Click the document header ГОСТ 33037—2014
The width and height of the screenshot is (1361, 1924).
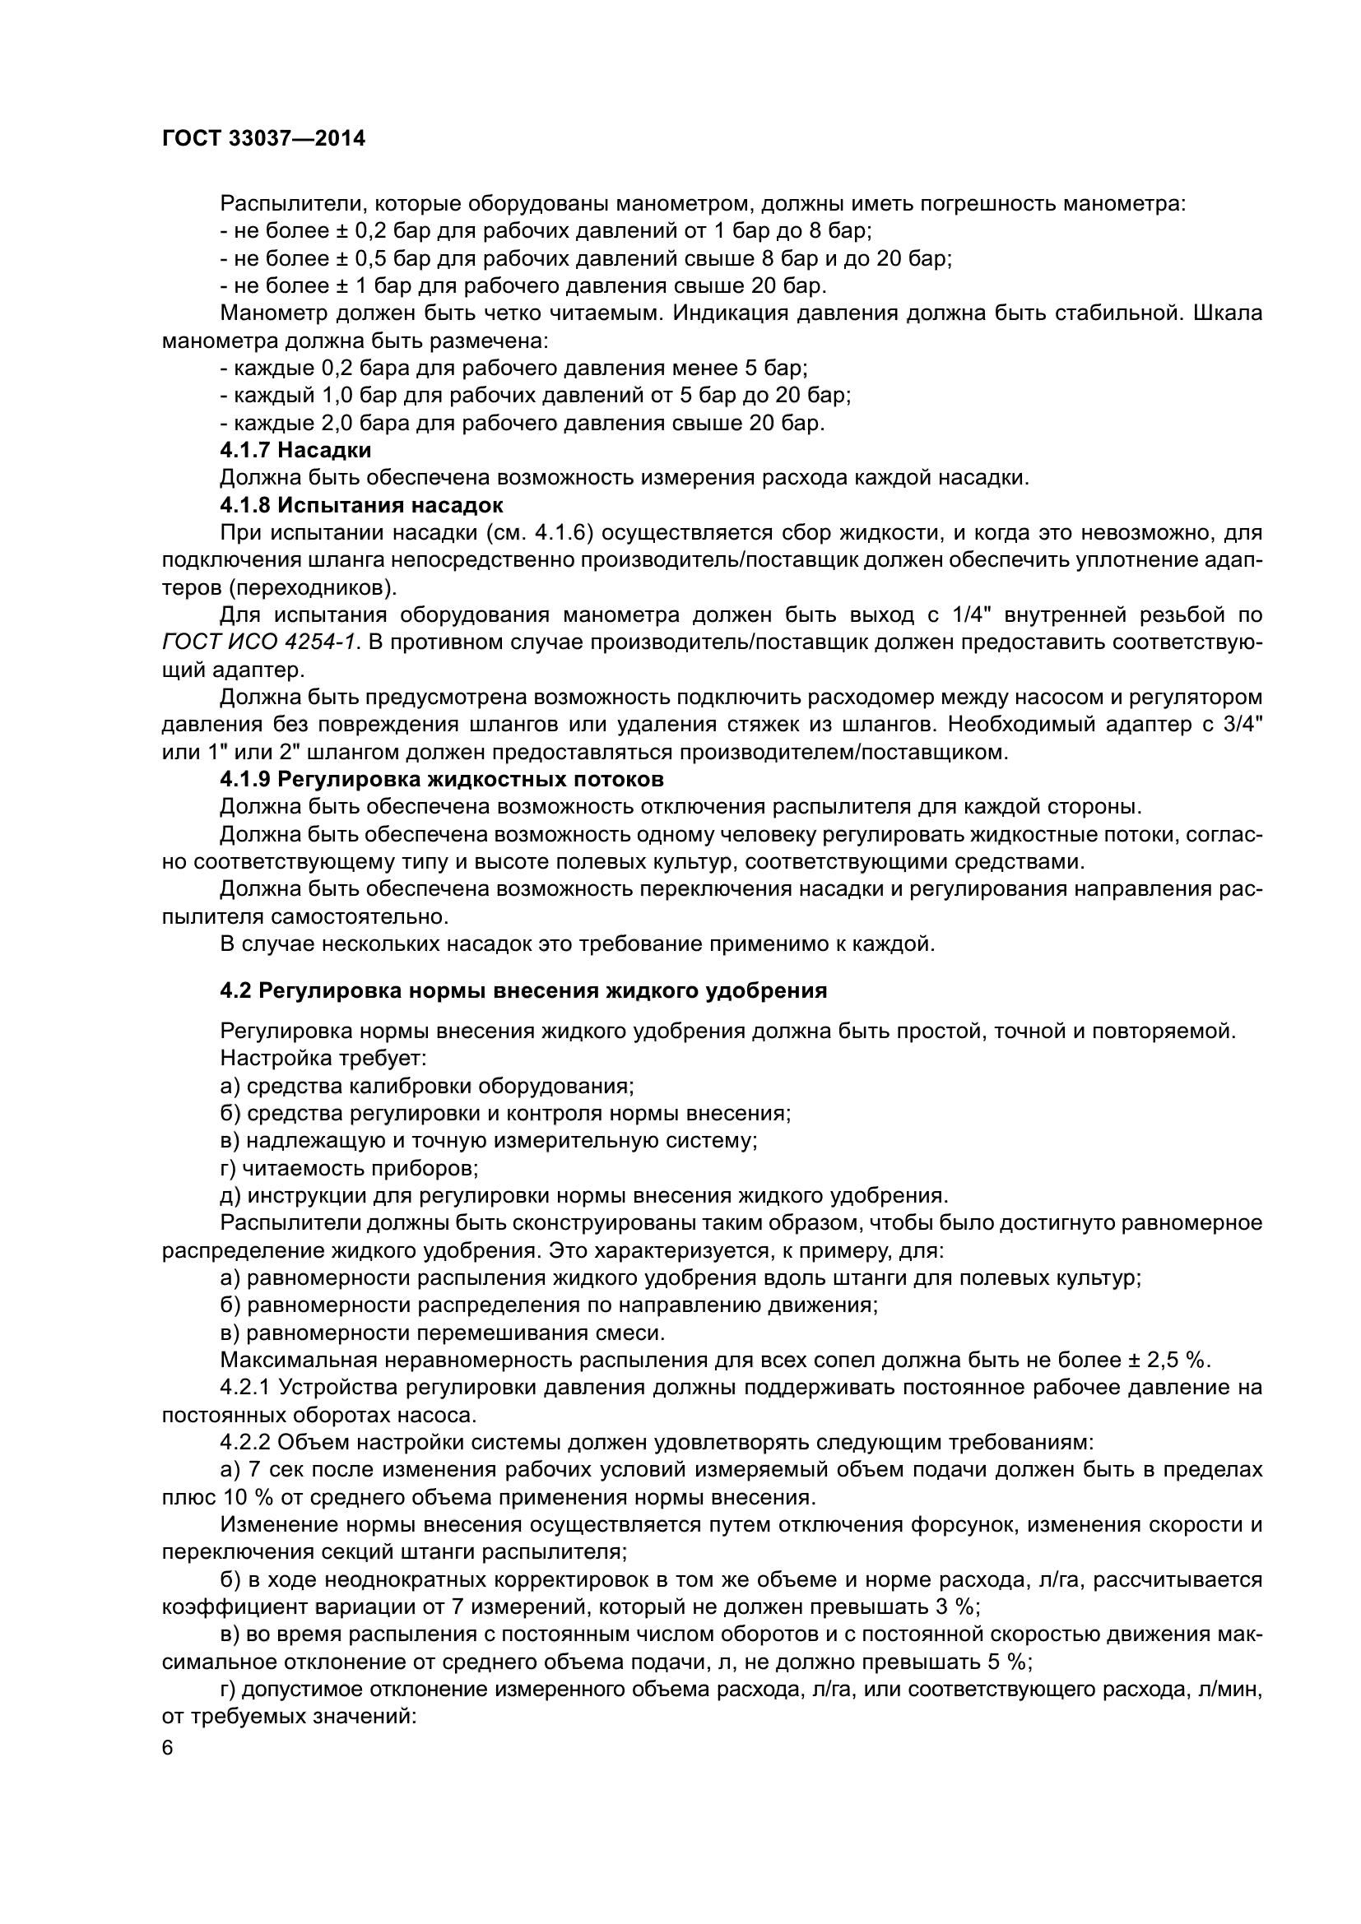pyautogui.click(x=263, y=139)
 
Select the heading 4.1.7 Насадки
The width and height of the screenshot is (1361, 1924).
pyautogui.click(x=295, y=451)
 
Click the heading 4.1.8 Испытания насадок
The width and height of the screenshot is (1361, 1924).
pyautogui.click(x=361, y=505)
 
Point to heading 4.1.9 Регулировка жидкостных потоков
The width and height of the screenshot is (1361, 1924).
pyautogui.click(x=442, y=779)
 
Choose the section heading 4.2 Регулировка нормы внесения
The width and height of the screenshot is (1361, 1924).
pyautogui.click(x=523, y=990)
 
